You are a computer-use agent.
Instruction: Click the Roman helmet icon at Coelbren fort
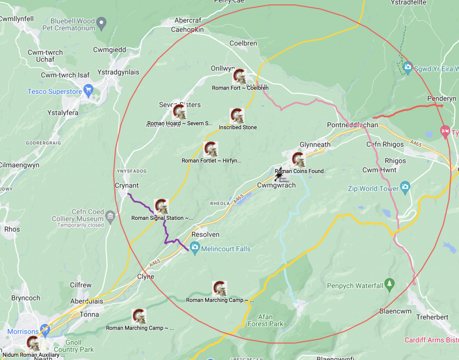[x=240, y=76]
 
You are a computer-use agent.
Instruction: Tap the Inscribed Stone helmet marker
[x=237, y=116]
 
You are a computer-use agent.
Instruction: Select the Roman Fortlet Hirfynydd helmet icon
[x=211, y=150]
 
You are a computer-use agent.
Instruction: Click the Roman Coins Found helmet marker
[x=298, y=159]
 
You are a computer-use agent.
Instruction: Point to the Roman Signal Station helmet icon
[x=162, y=206]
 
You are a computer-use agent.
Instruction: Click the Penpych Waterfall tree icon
[x=389, y=284]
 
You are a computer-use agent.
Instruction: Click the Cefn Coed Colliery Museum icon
[x=110, y=216]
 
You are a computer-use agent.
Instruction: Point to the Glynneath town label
[x=315, y=144]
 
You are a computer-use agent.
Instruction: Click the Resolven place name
[x=206, y=234]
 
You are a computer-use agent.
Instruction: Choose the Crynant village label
[x=126, y=186]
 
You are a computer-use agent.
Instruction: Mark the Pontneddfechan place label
[x=352, y=125]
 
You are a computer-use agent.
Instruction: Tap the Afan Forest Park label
[x=265, y=320]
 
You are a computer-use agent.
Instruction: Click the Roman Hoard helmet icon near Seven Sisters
[x=179, y=112]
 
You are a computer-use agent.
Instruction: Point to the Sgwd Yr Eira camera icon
[x=407, y=67]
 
